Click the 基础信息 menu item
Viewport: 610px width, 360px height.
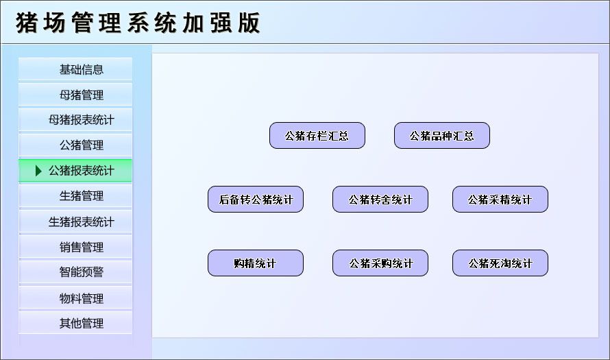(x=75, y=69)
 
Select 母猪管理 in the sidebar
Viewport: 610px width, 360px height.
(x=75, y=95)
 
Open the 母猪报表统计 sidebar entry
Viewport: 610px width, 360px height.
(x=75, y=120)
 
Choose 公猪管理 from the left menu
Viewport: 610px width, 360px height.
(x=75, y=145)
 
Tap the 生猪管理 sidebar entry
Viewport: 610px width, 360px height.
(x=75, y=196)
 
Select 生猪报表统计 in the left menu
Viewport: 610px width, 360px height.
(x=75, y=222)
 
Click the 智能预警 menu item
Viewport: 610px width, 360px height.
(x=75, y=272)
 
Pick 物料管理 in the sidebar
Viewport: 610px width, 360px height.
(x=75, y=298)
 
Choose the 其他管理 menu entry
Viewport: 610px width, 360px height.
(x=75, y=323)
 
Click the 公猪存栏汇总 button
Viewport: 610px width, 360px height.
(x=317, y=136)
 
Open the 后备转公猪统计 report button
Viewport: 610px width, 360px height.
(x=256, y=200)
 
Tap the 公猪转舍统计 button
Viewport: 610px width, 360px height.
(x=380, y=200)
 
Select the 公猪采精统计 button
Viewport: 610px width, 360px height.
(x=500, y=200)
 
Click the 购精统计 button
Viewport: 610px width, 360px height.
(x=256, y=263)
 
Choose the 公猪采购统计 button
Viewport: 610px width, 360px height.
(x=380, y=263)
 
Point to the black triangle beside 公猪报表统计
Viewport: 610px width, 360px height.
(x=39, y=171)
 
